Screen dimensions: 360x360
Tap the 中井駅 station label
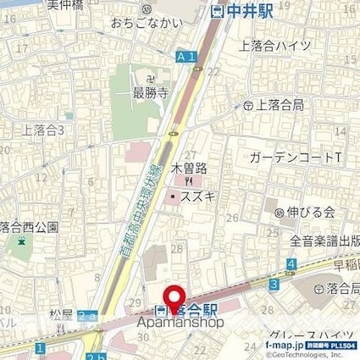247,12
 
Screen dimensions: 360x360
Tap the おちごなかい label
147,25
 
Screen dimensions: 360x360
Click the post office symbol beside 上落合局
248,105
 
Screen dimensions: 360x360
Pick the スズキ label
194,196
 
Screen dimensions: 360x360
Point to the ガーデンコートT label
296,158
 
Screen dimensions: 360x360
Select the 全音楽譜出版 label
325,241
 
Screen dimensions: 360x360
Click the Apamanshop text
178,321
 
